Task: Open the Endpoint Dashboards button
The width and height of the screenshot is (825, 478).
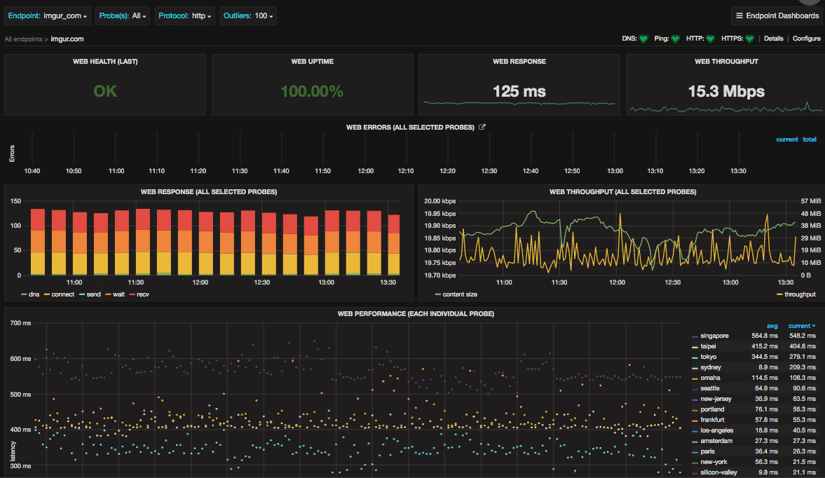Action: (x=777, y=15)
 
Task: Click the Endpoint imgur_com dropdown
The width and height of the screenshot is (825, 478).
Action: (x=48, y=15)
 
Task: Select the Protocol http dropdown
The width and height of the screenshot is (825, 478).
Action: (x=185, y=15)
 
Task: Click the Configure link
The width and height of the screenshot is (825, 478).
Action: (x=806, y=39)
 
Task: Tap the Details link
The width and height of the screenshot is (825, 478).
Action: (x=773, y=39)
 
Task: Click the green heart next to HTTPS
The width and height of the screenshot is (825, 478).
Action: (x=749, y=39)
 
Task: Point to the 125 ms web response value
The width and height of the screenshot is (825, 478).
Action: (x=519, y=91)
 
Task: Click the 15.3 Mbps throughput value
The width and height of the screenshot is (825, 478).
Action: (x=726, y=91)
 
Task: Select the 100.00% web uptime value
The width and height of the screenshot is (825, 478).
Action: (x=312, y=91)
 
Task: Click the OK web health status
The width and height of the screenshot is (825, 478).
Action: (x=105, y=91)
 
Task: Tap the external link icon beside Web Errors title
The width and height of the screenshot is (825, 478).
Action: (x=482, y=127)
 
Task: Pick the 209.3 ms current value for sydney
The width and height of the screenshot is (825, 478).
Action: (x=801, y=367)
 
